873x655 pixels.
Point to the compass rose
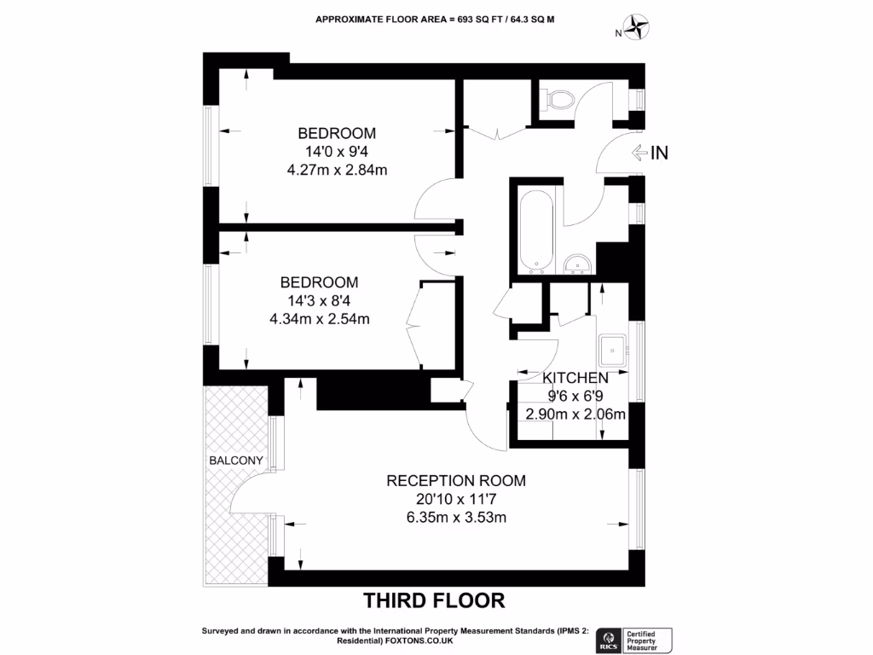pyautogui.click(x=635, y=28)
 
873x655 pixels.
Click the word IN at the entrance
pyautogui.click(x=660, y=154)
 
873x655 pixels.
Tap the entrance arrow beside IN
pyautogui.click(x=639, y=154)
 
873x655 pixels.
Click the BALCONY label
pyautogui.click(x=235, y=461)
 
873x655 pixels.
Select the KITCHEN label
pyautogui.click(x=575, y=378)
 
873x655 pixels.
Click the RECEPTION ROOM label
pyautogui.click(x=456, y=480)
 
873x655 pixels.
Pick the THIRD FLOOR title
pyautogui.click(x=435, y=600)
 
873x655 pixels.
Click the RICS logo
pyautogui.click(x=610, y=639)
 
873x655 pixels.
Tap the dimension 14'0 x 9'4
pyautogui.click(x=337, y=152)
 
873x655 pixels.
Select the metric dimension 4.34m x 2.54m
pyautogui.click(x=320, y=320)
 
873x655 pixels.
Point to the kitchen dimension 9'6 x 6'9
pyautogui.click(x=575, y=397)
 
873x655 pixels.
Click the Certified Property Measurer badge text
pyautogui.click(x=649, y=639)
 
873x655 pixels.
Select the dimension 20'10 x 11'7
pyautogui.click(x=456, y=499)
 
